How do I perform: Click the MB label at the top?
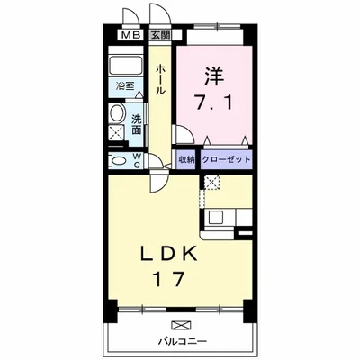tap(131, 35)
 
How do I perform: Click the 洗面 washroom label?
tap(137, 124)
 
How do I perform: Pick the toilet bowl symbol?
tap(117, 160)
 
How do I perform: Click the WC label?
tap(137, 160)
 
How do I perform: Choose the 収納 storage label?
tap(185, 159)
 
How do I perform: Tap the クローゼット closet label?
tap(225, 159)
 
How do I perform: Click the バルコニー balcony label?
tap(184, 341)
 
